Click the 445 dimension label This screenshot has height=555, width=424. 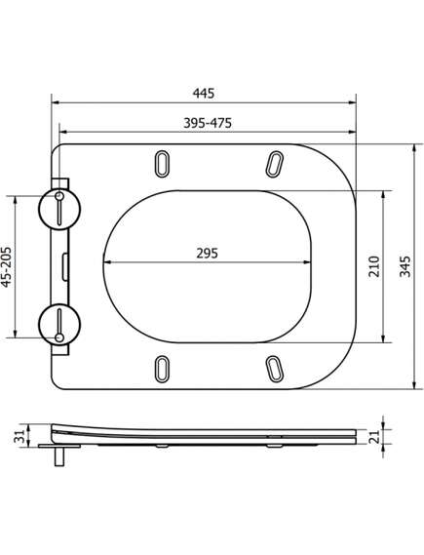pos(204,94)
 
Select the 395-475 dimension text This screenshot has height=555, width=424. pos(208,123)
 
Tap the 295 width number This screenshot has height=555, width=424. pos(208,254)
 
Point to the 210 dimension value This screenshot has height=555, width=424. pos(373,266)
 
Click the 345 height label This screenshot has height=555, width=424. pos(405,266)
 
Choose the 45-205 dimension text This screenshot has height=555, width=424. pos(7,266)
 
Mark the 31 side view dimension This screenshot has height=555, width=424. pos(19,436)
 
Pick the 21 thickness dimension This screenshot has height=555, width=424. pos(374,436)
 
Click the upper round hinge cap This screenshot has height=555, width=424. pos(59,209)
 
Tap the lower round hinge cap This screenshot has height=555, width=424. pos(59,324)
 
